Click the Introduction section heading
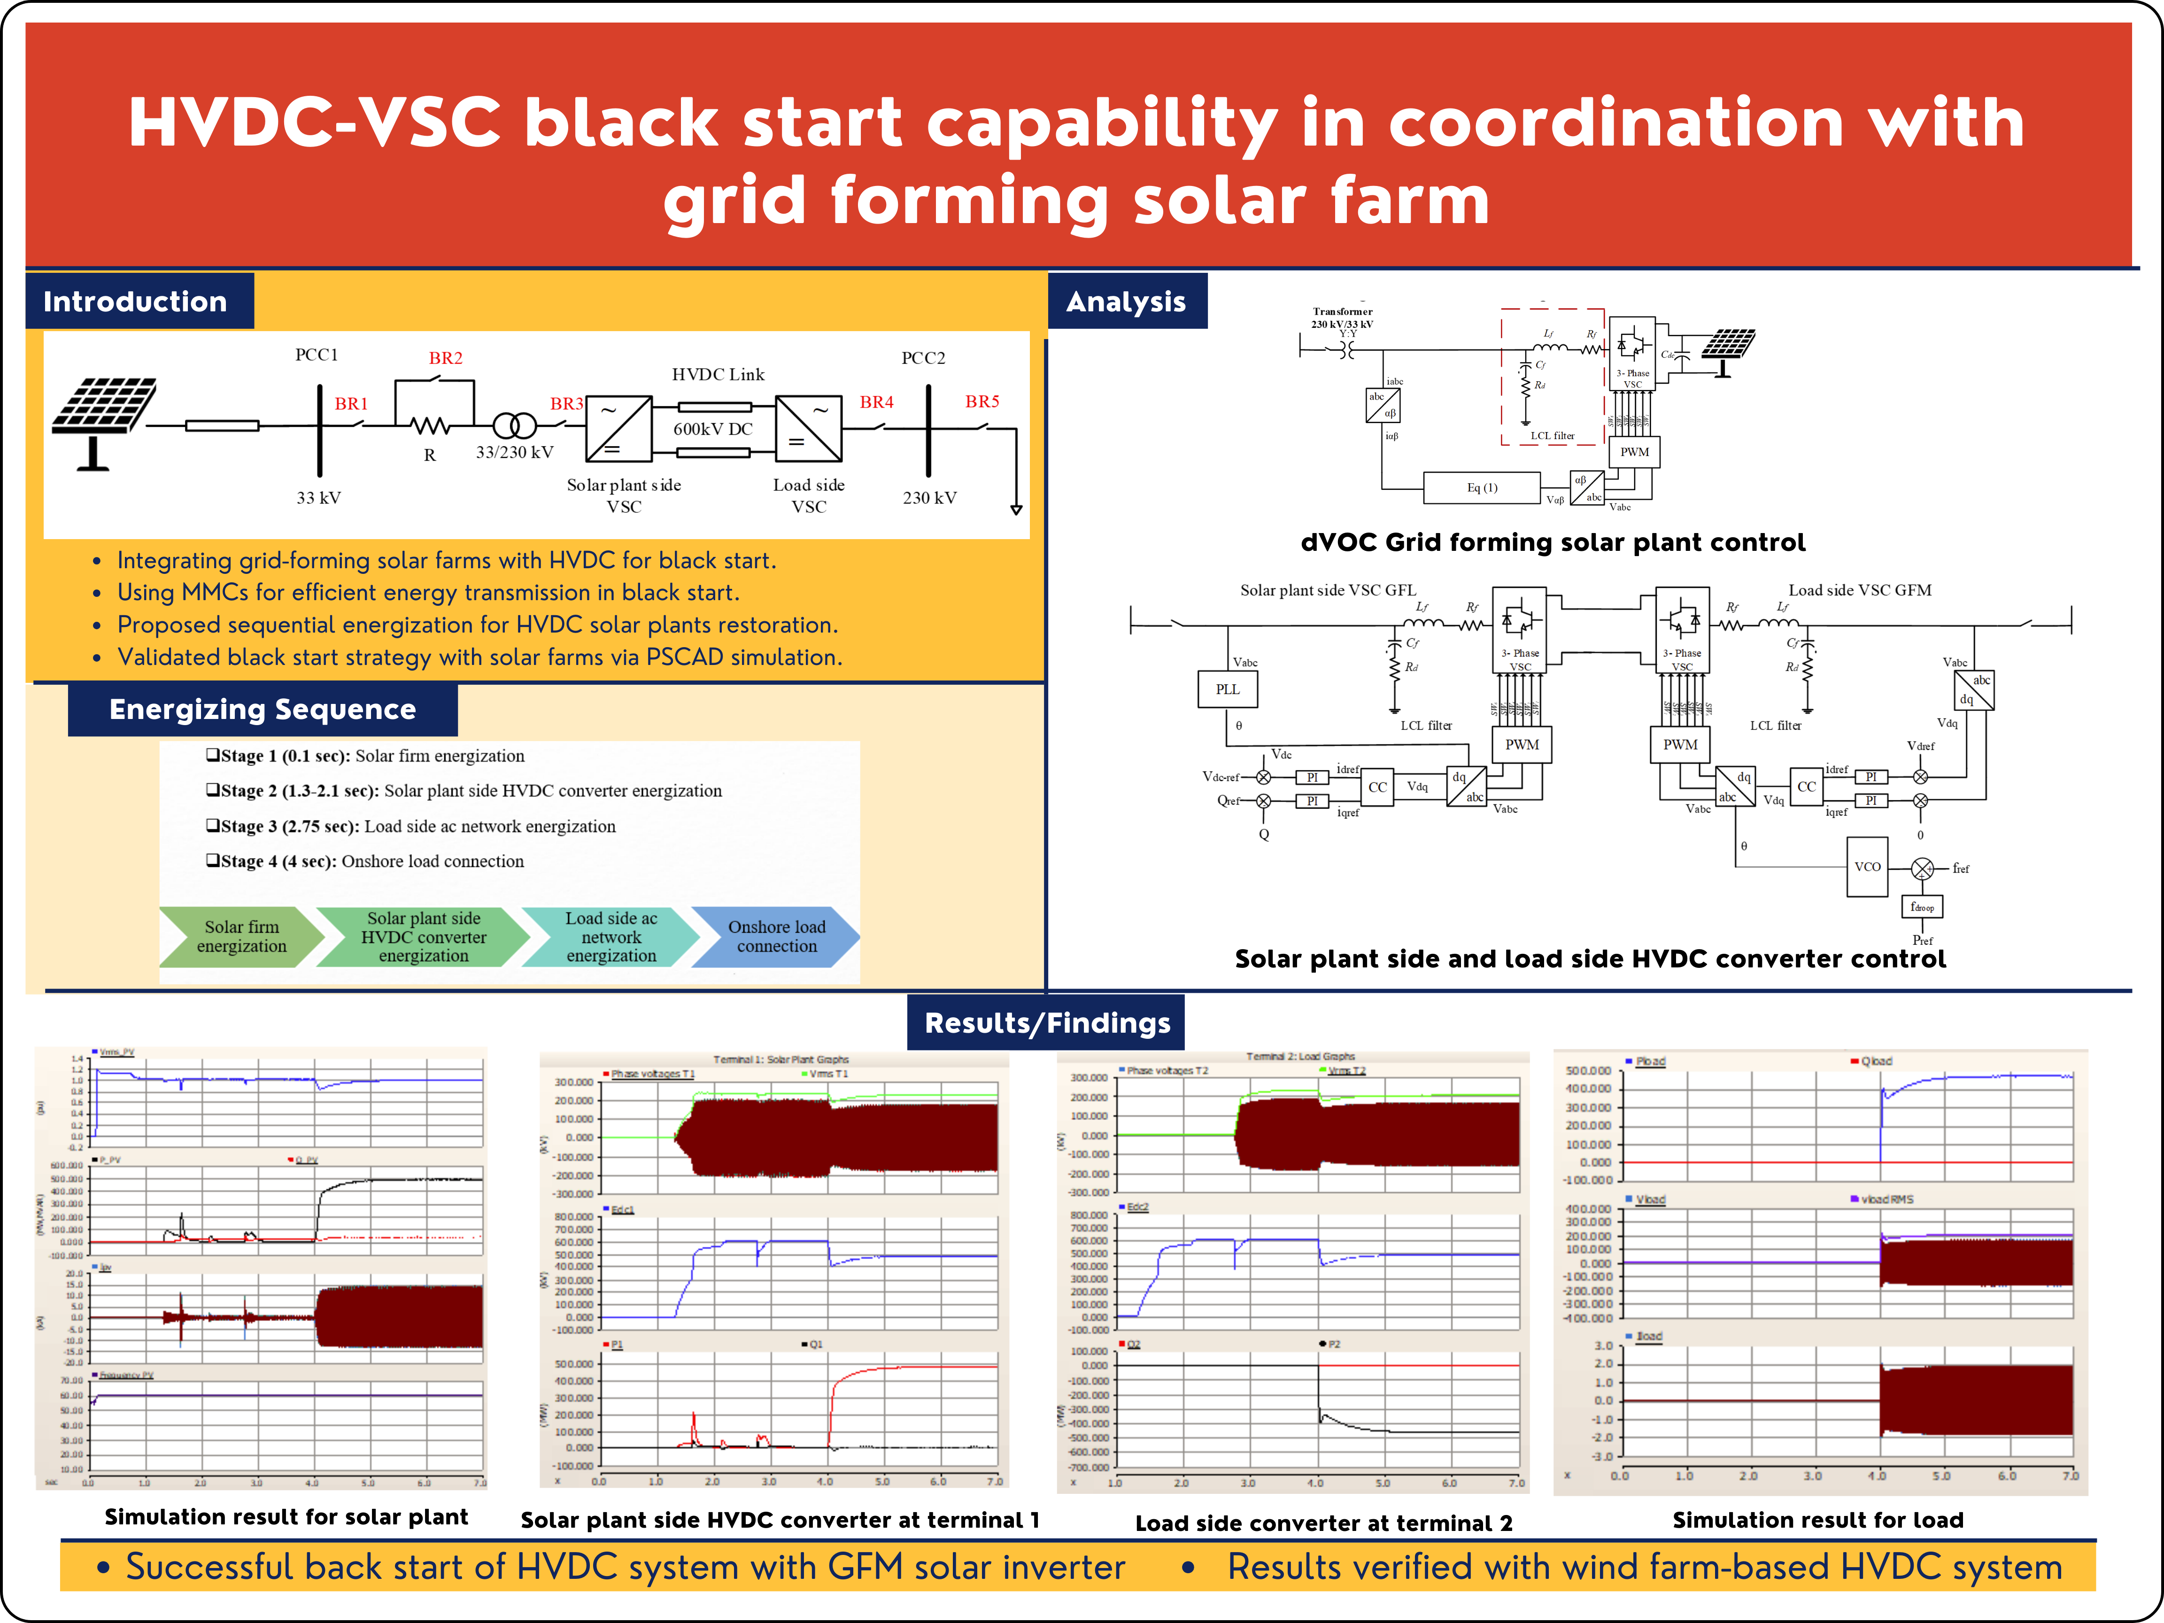point(135,301)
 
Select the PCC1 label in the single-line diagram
point(316,355)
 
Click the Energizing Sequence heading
point(262,709)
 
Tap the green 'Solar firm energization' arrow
point(242,936)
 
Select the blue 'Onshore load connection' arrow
point(777,936)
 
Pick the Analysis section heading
point(1126,301)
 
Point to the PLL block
point(1228,689)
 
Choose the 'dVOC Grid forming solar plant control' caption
point(1553,543)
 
